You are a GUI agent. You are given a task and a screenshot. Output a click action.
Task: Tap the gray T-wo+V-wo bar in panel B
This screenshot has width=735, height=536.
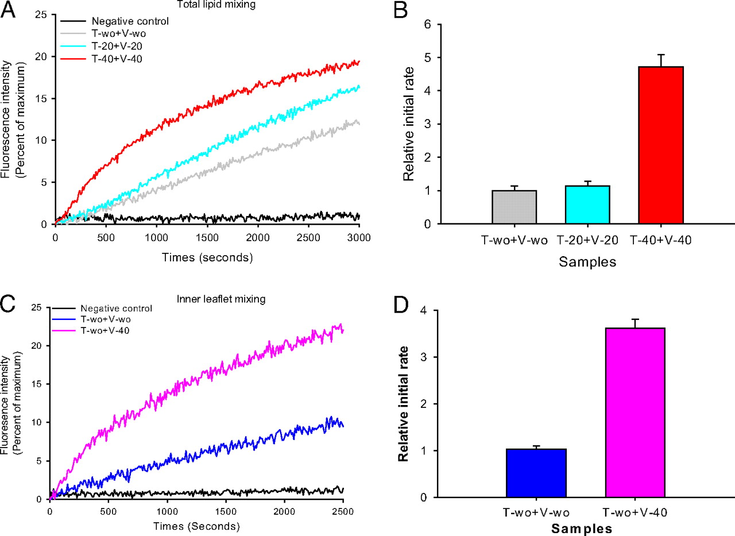click(514, 207)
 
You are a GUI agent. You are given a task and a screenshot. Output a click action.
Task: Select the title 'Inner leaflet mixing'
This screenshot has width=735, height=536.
click(195, 299)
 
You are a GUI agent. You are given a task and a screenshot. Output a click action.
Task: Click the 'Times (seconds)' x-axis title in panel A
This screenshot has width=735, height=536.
click(207, 257)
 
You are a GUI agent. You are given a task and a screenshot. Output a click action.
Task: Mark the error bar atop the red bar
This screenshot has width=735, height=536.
click(660, 60)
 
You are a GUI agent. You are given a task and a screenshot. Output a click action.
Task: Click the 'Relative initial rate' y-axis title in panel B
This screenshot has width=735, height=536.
click(409, 124)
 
